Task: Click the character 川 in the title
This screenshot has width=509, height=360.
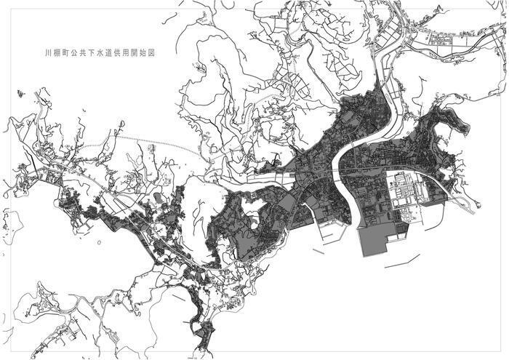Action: pyautogui.click(x=47, y=53)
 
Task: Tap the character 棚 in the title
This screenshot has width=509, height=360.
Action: pyautogui.click(x=57, y=53)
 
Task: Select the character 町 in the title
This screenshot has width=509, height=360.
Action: pyautogui.click(x=68, y=53)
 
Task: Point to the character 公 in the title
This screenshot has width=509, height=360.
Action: pyautogui.click(x=78, y=53)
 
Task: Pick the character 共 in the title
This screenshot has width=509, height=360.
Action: pyautogui.click(x=88, y=53)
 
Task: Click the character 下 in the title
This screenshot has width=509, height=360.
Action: pyautogui.click(x=98, y=53)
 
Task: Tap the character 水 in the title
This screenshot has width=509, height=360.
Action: pyautogui.click(x=108, y=53)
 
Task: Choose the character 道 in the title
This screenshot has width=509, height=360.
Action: pyautogui.click(x=119, y=53)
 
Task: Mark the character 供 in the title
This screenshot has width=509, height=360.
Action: pyautogui.click(x=129, y=53)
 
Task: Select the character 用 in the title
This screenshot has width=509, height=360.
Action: pyautogui.click(x=139, y=53)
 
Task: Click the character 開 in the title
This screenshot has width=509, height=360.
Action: pyautogui.click(x=149, y=53)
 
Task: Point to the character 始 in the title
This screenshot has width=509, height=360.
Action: pyautogui.click(x=159, y=53)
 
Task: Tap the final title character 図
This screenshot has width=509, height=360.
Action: pyautogui.click(x=169, y=53)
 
